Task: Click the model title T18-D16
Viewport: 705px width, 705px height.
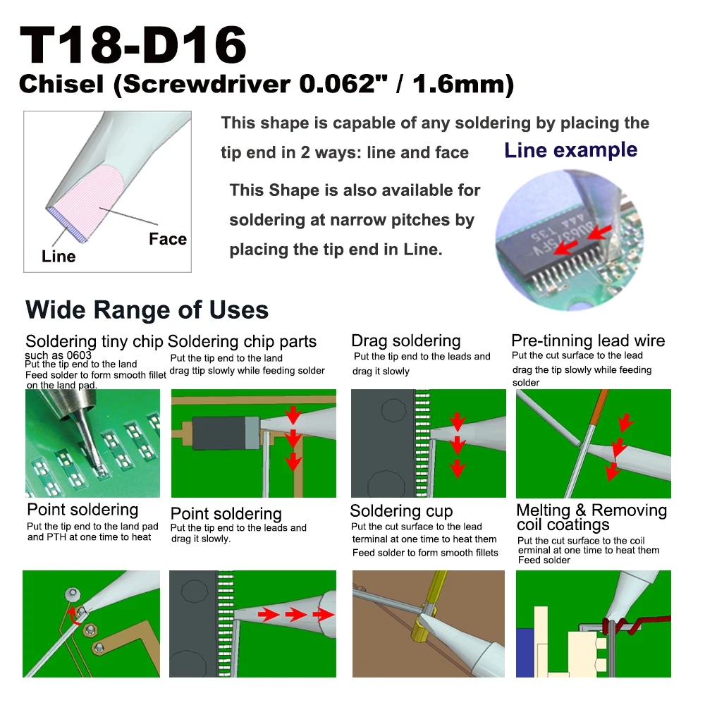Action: coord(133,45)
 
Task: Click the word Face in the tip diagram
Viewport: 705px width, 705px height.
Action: coord(168,239)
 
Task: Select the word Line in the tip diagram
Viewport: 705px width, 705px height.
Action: coord(59,257)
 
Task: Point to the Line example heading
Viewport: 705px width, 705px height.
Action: coord(570,149)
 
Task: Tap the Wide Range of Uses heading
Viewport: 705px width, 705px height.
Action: coord(147,309)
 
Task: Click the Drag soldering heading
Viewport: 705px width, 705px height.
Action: coord(406,341)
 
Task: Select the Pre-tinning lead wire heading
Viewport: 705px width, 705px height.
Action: coord(588,341)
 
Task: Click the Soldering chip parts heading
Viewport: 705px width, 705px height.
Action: coord(242,342)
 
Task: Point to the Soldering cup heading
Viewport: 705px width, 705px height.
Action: coord(402,510)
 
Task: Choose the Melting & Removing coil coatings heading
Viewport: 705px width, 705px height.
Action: coord(591,517)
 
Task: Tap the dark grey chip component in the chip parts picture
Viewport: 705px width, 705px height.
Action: coord(219,433)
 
